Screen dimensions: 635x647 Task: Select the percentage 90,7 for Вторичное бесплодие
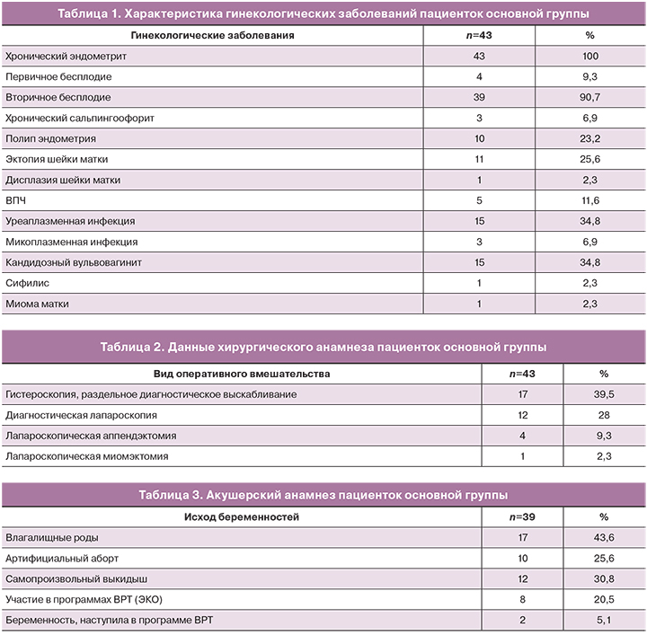click(x=590, y=98)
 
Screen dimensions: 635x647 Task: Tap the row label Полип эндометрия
click(x=50, y=139)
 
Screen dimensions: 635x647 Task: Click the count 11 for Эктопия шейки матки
click(x=478, y=160)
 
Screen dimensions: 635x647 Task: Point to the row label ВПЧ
click(x=17, y=201)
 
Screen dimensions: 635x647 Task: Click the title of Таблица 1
click(x=323, y=13)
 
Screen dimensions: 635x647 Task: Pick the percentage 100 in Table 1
click(x=590, y=56)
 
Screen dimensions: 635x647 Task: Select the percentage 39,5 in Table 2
click(x=604, y=394)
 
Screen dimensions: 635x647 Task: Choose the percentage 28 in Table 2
click(x=604, y=416)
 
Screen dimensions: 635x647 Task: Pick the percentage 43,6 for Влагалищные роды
click(x=604, y=538)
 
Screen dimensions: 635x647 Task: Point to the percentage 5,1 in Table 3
click(x=604, y=621)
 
